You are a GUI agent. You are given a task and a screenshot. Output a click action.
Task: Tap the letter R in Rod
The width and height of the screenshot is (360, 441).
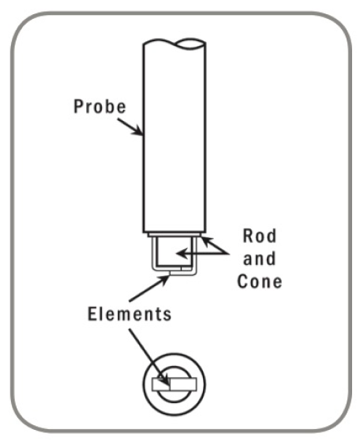(x=248, y=236)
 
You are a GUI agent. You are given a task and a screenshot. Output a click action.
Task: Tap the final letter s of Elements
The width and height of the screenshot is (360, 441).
(x=167, y=314)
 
